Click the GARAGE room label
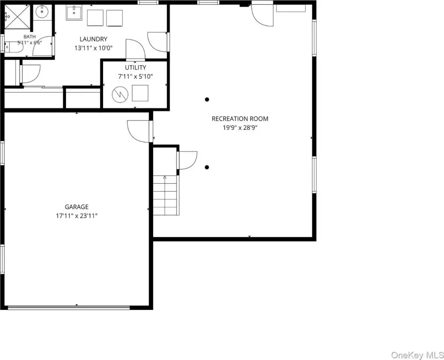click(76, 207)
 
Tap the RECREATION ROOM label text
click(240, 119)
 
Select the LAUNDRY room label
click(94, 39)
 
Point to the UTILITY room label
click(136, 67)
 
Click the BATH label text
click(30, 37)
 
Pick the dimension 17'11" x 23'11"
click(76, 216)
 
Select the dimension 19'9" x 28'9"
click(240, 127)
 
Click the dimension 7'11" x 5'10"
click(136, 76)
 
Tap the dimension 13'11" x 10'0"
click(94, 48)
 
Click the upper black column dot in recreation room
click(207, 99)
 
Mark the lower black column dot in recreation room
click(207, 167)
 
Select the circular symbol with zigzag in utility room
click(120, 94)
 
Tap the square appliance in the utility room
click(140, 93)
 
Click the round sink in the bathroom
click(42, 12)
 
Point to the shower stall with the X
click(17, 17)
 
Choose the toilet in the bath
click(14, 47)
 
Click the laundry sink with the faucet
click(74, 13)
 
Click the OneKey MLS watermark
click(417, 355)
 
